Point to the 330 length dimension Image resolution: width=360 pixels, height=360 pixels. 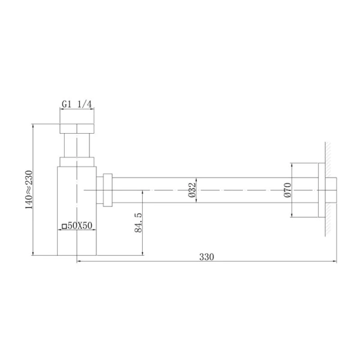click(x=206, y=256)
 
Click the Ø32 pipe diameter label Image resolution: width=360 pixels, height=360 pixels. click(x=191, y=190)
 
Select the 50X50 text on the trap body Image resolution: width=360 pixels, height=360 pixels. click(x=80, y=226)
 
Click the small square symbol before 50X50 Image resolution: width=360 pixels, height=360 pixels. click(x=64, y=226)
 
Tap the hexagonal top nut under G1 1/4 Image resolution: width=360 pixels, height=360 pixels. click(x=77, y=128)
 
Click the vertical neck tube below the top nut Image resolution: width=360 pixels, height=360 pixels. click(x=77, y=146)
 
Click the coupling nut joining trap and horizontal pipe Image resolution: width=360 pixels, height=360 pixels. click(x=107, y=190)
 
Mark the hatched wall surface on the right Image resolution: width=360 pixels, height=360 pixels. click(x=331, y=190)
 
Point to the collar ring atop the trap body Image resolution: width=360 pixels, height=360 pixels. click(x=77, y=161)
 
